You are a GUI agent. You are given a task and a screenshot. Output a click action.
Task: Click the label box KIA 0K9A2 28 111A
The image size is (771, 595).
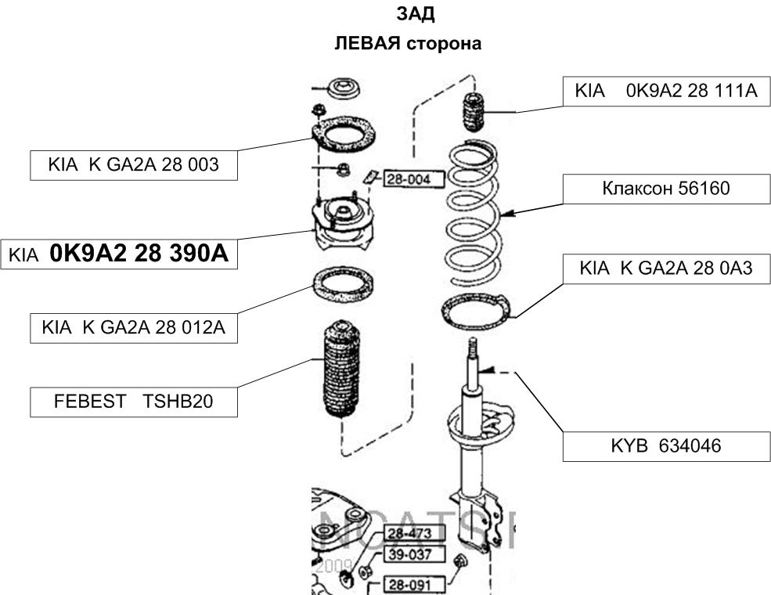[x=666, y=92]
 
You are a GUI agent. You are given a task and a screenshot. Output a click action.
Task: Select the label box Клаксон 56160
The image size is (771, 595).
[x=666, y=189]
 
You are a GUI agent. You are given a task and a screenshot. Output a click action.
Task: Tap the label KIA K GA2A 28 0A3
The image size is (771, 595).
[x=666, y=269]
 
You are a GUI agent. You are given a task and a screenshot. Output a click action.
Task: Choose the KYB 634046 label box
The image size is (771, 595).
[x=666, y=446]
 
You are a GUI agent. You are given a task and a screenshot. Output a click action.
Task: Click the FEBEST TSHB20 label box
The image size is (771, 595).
[x=133, y=402]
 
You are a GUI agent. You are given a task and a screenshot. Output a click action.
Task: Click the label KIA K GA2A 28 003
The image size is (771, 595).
[x=133, y=165]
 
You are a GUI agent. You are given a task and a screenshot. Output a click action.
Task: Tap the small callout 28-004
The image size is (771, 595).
[x=413, y=180]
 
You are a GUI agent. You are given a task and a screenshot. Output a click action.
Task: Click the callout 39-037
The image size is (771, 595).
[x=413, y=555]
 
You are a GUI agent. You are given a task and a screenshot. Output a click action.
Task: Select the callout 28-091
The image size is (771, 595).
[x=413, y=584]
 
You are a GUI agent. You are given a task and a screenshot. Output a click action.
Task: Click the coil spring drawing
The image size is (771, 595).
[x=477, y=211]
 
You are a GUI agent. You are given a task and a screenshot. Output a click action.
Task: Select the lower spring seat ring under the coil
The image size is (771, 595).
[x=476, y=309]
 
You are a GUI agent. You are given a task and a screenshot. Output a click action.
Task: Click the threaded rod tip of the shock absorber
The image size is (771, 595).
[x=472, y=348]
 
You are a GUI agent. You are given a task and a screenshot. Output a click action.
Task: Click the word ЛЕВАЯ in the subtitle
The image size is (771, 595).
[x=367, y=44]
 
